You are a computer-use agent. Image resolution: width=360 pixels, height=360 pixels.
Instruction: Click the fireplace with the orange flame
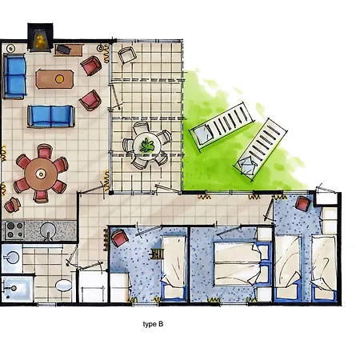40,38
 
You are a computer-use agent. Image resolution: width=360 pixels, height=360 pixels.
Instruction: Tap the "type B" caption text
153,324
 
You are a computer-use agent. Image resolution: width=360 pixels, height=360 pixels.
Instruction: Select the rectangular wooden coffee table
54,79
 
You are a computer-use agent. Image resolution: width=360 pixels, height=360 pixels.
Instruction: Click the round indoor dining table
41,174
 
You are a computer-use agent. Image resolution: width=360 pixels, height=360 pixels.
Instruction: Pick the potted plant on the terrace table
147,146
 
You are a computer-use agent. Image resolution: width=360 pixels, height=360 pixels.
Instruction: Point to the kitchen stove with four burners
14,230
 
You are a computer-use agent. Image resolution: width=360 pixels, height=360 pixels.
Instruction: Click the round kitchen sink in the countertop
48,230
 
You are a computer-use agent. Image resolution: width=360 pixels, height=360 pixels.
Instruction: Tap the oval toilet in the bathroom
63,286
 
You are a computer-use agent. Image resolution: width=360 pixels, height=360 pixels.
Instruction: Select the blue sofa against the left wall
14,76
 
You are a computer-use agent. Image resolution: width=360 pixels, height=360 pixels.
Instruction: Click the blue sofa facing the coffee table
51,116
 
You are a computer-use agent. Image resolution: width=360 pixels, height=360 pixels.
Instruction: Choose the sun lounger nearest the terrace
222,126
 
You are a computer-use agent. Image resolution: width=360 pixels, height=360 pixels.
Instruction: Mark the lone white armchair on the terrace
127,55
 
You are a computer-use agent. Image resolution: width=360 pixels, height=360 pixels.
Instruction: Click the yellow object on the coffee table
59,79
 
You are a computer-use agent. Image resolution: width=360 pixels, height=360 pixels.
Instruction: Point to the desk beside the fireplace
69,50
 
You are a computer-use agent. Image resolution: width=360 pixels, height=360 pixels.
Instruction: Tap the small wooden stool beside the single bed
157,254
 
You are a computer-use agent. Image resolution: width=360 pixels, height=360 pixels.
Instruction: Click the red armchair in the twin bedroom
302,203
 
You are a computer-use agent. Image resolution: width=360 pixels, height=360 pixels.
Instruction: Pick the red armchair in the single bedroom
119,238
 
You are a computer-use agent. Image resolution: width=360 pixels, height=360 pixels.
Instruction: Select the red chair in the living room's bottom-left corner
12,205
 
